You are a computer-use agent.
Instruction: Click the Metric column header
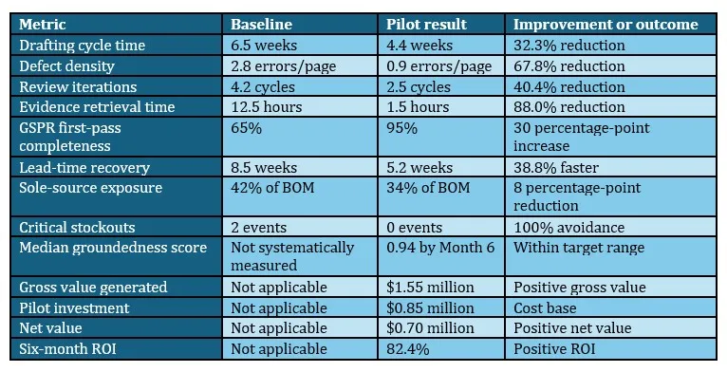pos(42,24)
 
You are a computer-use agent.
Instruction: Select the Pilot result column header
pos(426,24)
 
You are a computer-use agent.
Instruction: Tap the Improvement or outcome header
pos(606,24)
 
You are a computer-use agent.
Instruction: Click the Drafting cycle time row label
pos(82,46)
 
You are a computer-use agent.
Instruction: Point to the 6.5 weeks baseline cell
pos(264,46)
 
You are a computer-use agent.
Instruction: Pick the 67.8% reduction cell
pos(569,65)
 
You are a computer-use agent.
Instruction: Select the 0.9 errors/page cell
pos(438,66)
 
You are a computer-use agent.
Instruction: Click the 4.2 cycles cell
pos(263,86)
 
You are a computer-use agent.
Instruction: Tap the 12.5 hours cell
pos(266,107)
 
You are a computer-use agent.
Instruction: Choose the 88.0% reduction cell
pos(569,107)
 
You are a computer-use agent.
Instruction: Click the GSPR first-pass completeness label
pos(70,137)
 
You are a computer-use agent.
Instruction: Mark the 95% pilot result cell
pos(401,128)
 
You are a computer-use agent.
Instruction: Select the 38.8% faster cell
pos(556,167)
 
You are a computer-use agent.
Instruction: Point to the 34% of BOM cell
pos(428,188)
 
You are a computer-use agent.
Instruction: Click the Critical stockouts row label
pos(77,228)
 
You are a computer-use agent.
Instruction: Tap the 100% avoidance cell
pos(569,228)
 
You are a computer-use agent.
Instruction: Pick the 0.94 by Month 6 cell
pos(440,248)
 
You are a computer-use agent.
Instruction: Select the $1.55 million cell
pos(430,288)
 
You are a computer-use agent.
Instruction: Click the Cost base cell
pos(545,308)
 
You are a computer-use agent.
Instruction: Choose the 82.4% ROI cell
pos(407,349)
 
